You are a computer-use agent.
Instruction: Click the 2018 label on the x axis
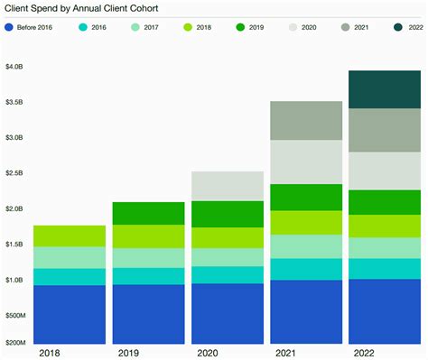51,352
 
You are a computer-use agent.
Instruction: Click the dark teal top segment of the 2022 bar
385,89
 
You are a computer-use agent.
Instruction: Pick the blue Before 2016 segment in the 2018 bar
70,314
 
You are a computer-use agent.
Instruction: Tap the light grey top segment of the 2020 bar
228,186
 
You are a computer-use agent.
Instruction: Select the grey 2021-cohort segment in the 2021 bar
306,121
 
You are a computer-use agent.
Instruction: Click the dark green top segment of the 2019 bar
148,213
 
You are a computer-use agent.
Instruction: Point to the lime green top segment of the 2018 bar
70,235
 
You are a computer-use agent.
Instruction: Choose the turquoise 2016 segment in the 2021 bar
306,269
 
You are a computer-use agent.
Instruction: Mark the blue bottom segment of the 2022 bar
385,311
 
